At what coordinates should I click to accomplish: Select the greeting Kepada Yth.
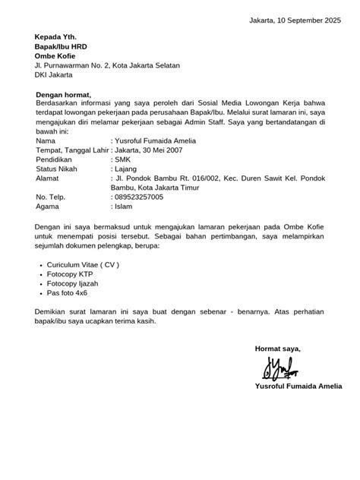tap(55, 36)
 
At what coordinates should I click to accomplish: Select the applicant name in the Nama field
tap(155, 141)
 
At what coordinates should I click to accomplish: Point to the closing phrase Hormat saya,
tap(278, 349)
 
